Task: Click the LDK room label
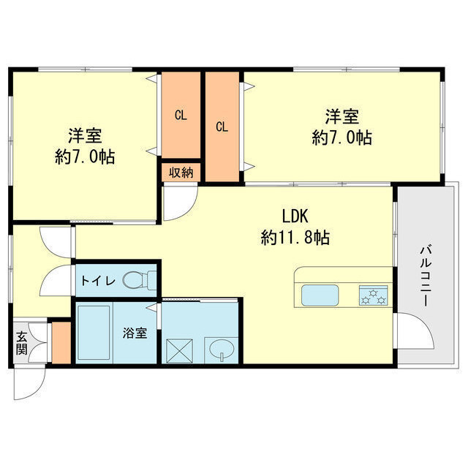(x=296, y=216)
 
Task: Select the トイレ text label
(x=97, y=279)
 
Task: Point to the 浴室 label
(x=135, y=333)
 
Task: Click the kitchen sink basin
(x=320, y=296)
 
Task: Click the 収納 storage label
(x=181, y=173)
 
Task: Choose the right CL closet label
(x=222, y=126)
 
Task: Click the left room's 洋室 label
(x=85, y=136)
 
